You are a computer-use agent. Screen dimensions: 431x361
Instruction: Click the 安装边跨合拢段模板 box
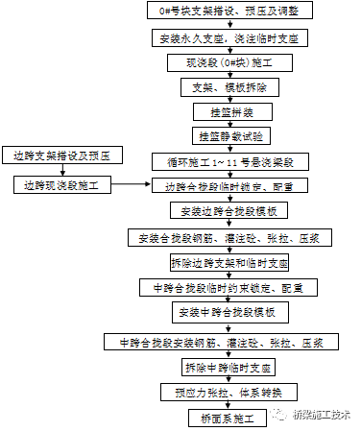[228, 211]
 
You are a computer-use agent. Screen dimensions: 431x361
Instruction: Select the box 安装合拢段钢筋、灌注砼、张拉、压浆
[228, 236]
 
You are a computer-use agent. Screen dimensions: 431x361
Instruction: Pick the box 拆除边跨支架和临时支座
[228, 261]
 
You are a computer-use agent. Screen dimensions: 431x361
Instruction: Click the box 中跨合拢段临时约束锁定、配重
[228, 287]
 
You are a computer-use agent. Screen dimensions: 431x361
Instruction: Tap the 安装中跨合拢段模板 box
[228, 312]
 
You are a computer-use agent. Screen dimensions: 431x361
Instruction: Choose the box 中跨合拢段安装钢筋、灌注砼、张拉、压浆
[228, 342]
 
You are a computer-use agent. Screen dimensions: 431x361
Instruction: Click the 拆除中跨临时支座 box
[228, 368]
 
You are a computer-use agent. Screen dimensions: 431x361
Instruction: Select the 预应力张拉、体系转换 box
[228, 392]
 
